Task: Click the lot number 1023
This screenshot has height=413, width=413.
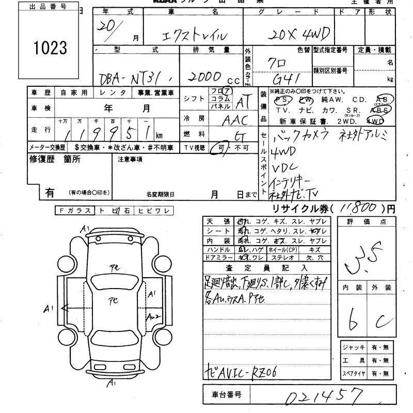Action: pyautogui.click(x=50, y=47)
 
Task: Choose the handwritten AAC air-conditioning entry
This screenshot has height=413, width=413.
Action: pyautogui.click(x=235, y=120)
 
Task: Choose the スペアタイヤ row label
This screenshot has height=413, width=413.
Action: pyautogui.click(x=353, y=373)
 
